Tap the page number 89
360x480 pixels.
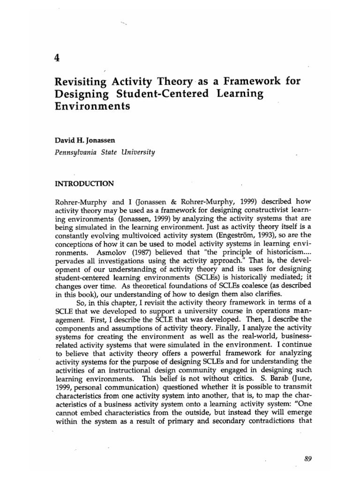click(x=307, y=445)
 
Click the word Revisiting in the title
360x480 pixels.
click(x=80, y=82)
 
